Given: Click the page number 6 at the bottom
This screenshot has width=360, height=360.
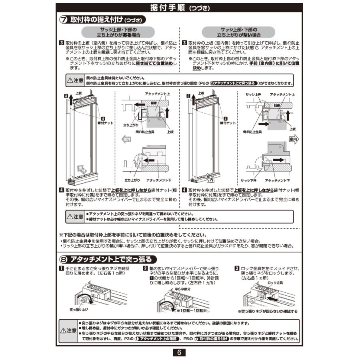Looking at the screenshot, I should pos(180,352).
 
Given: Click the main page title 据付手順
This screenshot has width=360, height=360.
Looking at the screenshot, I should pos(166,8).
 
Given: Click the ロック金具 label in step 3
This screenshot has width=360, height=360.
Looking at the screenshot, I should pos(275,282).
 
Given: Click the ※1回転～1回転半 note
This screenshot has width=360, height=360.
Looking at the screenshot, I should pos(192,310).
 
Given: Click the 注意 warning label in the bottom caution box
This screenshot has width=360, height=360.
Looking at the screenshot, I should pos(68,331).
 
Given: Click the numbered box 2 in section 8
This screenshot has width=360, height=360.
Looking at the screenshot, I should pos(146,268).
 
